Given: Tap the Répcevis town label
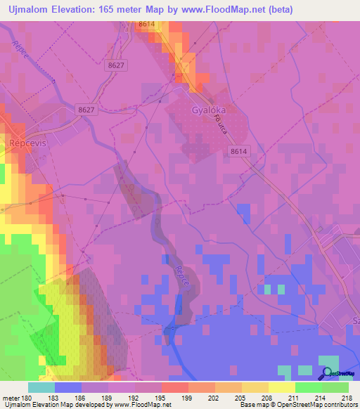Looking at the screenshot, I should (26, 141).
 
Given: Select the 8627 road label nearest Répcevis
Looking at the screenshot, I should (86, 110).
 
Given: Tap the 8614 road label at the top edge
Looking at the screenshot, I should (146, 24).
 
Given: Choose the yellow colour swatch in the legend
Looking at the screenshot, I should (281, 387).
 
